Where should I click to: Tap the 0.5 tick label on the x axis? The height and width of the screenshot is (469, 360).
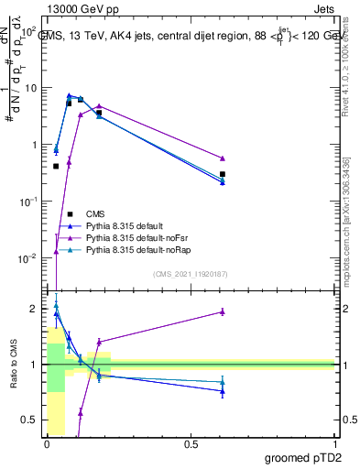coord(191,444)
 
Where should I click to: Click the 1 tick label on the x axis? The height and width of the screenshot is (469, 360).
coord(335,444)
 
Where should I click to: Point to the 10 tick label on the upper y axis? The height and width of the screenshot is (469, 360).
coord(30,88)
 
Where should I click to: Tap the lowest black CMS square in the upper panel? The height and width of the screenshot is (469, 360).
coord(57,166)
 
